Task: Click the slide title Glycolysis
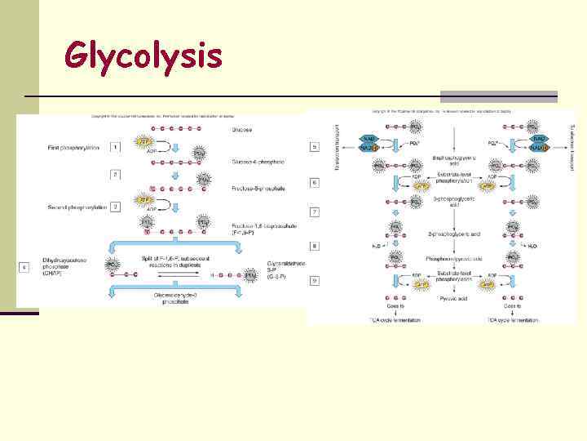tap(143, 56)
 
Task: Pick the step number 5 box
tap(315, 147)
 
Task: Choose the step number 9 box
tap(315, 281)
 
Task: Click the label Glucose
tap(242, 129)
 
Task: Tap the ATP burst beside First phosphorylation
tap(146, 141)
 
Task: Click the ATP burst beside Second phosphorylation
tap(146, 200)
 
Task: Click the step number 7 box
tap(315, 212)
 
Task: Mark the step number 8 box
tap(315, 245)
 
